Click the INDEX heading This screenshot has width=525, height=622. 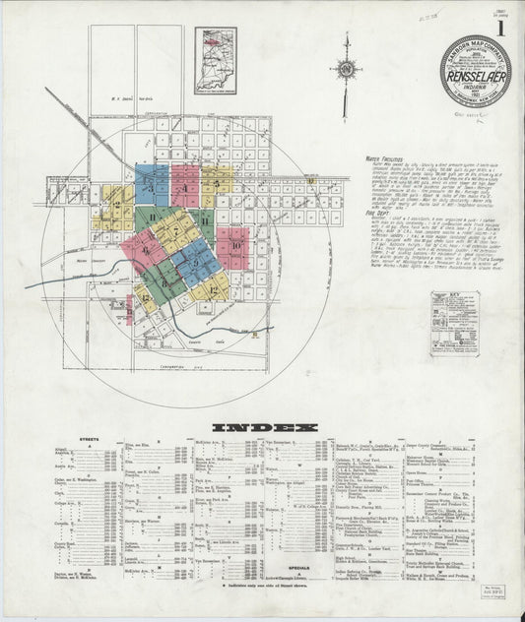(x=262, y=427)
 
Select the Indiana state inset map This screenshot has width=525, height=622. (x=215, y=60)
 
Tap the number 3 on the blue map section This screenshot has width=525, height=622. (x=153, y=183)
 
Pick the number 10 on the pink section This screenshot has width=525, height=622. (x=235, y=245)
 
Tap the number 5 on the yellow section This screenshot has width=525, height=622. (x=216, y=183)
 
